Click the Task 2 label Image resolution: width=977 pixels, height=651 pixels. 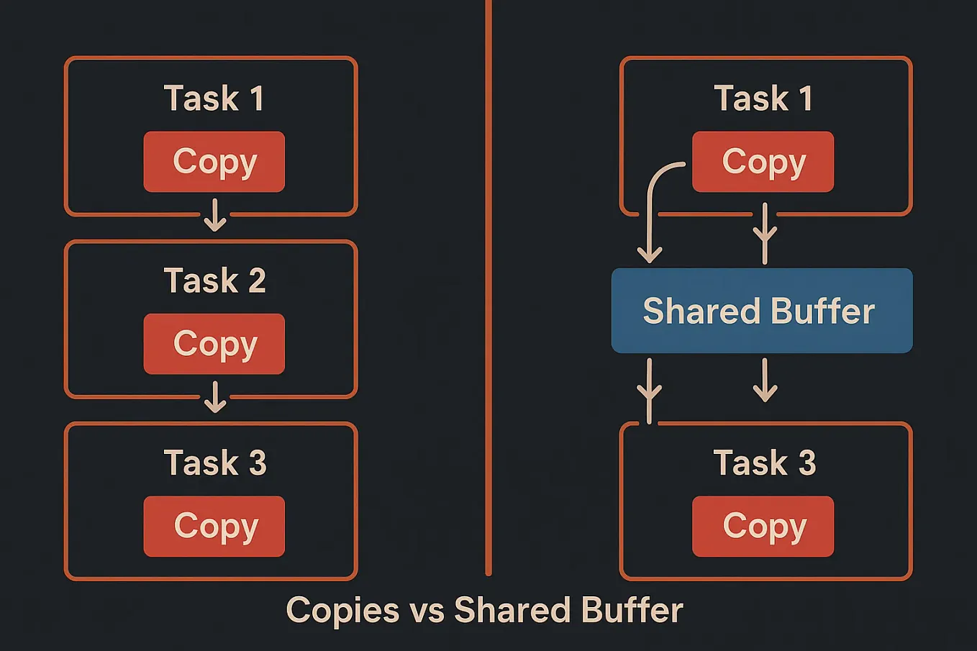point(214,281)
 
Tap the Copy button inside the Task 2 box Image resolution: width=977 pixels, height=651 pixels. point(214,344)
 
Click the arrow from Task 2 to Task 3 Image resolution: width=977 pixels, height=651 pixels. point(214,397)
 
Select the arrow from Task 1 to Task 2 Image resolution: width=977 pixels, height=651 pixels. point(214,215)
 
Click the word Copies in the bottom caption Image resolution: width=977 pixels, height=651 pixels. point(342,611)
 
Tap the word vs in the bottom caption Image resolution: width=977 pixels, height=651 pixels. point(427,611)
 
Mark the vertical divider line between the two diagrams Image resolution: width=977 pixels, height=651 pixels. point(488,288)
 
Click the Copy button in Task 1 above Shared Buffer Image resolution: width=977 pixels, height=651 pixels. point(763,162)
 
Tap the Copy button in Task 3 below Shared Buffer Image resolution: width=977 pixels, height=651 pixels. point(763,527)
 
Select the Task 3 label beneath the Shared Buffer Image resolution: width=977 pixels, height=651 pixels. point(764,463)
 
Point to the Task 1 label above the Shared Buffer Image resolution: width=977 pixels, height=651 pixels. point(763,99)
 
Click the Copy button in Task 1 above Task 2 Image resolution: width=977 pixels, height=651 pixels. point(214,162)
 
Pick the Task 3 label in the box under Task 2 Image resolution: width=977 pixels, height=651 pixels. point(214,463)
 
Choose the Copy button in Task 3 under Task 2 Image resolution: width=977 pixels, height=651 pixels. point(214,527)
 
